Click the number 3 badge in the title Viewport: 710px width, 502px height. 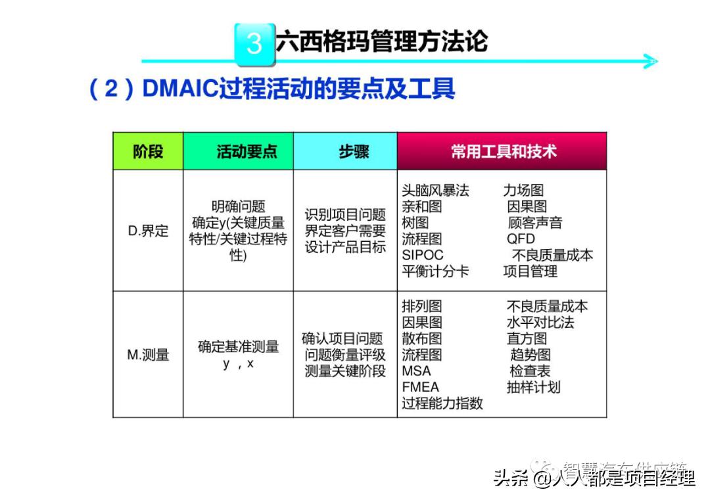point(254,43)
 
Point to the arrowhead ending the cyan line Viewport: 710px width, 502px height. point(650,62)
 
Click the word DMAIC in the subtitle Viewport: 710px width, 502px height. point(179,89)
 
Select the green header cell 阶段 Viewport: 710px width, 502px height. point(148,152)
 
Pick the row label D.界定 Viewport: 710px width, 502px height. point(148,231)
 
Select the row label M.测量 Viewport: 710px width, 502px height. point(148,355)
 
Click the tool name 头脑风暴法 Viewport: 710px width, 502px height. point(435,191)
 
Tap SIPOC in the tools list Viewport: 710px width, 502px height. point(423,255)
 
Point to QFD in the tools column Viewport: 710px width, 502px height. point(521,239)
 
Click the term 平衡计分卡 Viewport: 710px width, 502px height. point(435,271)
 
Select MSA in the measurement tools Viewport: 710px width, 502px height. point(416,371)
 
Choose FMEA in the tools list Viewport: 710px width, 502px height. point(420,387)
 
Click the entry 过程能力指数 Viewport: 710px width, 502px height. point(442,403)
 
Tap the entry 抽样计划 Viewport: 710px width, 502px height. point(533,387)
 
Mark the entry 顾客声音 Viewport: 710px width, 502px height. point(534,223)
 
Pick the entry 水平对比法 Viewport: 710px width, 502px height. point(540,323)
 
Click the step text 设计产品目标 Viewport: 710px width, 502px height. point(345,248)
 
